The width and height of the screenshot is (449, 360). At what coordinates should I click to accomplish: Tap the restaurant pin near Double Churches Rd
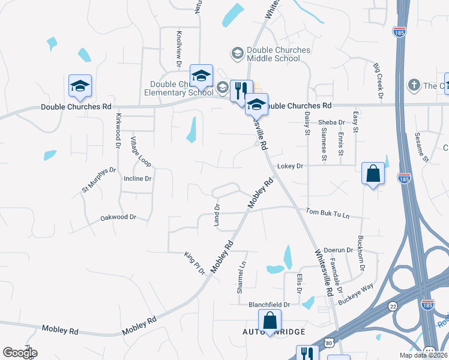[241, 91]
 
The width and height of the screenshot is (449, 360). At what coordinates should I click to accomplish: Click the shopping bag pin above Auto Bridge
[270, 320]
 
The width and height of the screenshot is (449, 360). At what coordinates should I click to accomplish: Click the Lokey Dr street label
[291, 166]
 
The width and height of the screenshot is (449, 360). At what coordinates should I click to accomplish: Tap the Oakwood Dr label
[118, 217]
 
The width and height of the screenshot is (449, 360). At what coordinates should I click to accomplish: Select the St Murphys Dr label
[98, 179]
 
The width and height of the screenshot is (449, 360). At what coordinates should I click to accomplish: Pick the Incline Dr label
[137, 179]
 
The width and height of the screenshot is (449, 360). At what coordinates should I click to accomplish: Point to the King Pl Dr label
[194, 263]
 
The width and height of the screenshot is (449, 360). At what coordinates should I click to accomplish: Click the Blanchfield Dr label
[269, 305]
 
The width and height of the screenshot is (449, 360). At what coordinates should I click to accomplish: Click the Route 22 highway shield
[393, 305]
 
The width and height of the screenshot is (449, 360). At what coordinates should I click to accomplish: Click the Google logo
[20, 353]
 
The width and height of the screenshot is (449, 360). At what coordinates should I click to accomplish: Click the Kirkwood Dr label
[118, 131]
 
